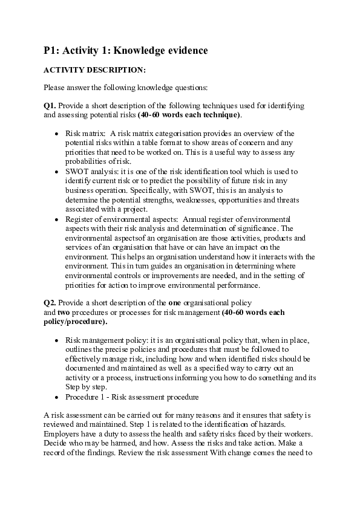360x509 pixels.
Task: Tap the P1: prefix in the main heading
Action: pyautogui.click(x=53, y=51)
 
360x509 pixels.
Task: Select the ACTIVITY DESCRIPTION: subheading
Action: pyautogui.click(x=94, y=70)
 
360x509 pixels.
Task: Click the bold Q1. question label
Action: pyautogui.click(x=50, y=105)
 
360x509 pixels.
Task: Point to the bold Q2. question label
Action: pyautogui.click(x=50, y=302)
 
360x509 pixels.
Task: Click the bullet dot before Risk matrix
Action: pyautogui.click(x=57, y=134)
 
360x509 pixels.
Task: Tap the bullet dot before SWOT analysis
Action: pyautogui.click(x=57, y=172)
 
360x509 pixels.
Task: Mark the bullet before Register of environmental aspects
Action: pyautogui.click(x=57, y=219)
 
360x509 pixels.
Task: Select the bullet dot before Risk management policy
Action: pyautogui.click(x=57, y=340)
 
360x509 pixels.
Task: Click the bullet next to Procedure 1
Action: pyautogui.click(x=57, y=397)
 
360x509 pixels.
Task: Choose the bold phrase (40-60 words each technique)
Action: pyautogui.click(x=189, y=114)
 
